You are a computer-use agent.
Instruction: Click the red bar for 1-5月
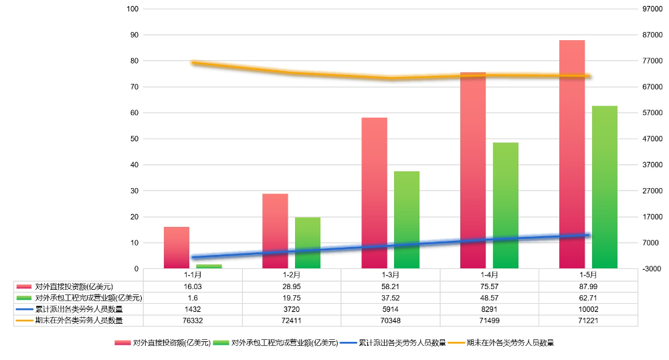[x=572, y=154]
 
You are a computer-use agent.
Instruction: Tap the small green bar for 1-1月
[x=209, y=266]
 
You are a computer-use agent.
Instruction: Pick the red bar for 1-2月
[x=275, y=231]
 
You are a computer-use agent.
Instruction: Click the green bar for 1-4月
[x=506, y=205]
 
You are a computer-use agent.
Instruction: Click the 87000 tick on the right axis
[x=652, y=35]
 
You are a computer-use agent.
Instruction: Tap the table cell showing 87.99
[x=588, y=286]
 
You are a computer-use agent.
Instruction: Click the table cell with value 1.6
[x=193, y=297]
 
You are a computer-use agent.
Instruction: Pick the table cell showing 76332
[x=193, y=321]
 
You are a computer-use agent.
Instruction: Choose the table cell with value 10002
[x=588, y=309]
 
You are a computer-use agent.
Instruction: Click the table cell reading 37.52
[x=390, y=297]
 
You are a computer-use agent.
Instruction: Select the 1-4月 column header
[x=489, y=274]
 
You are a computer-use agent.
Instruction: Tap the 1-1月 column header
[x=193, y=274]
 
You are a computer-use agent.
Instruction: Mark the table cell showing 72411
[x=292, y=321]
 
